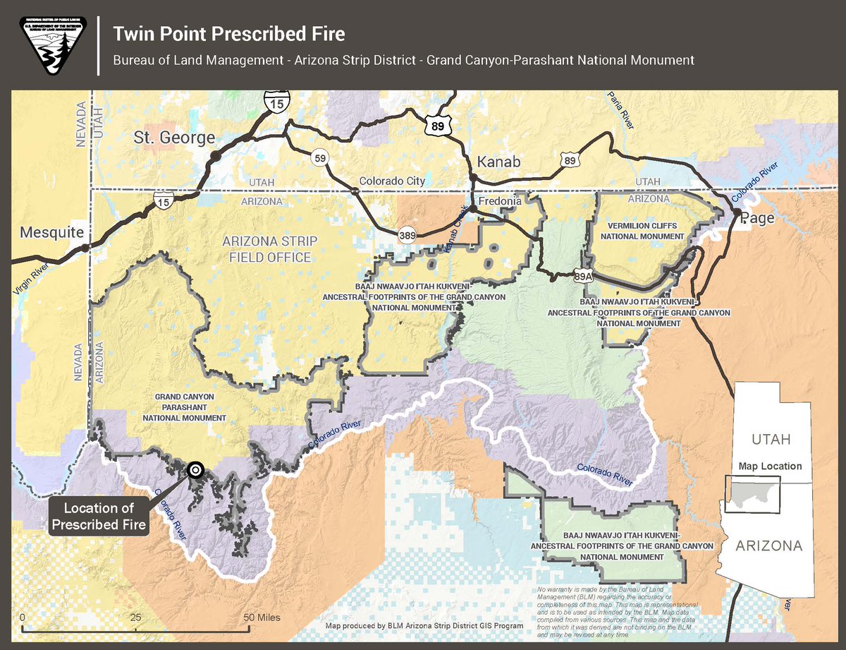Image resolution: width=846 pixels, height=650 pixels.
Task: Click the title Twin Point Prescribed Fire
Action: click(x=229, y=34)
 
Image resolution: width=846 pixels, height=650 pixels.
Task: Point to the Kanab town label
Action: click(x=498, y=162)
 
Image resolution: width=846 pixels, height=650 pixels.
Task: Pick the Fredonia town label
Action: click(x=499, y=201)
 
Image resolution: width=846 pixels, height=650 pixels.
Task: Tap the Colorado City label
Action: click(x=392, y=181)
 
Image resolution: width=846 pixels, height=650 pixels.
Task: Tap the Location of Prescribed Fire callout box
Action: click(x=99, y=517)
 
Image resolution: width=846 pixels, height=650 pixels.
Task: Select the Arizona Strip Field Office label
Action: click(x=270, y=249)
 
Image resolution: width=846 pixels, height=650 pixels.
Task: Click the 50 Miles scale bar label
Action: click(x=262, y=618)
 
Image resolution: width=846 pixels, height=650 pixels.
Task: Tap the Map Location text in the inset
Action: click(x=770, y=467)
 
